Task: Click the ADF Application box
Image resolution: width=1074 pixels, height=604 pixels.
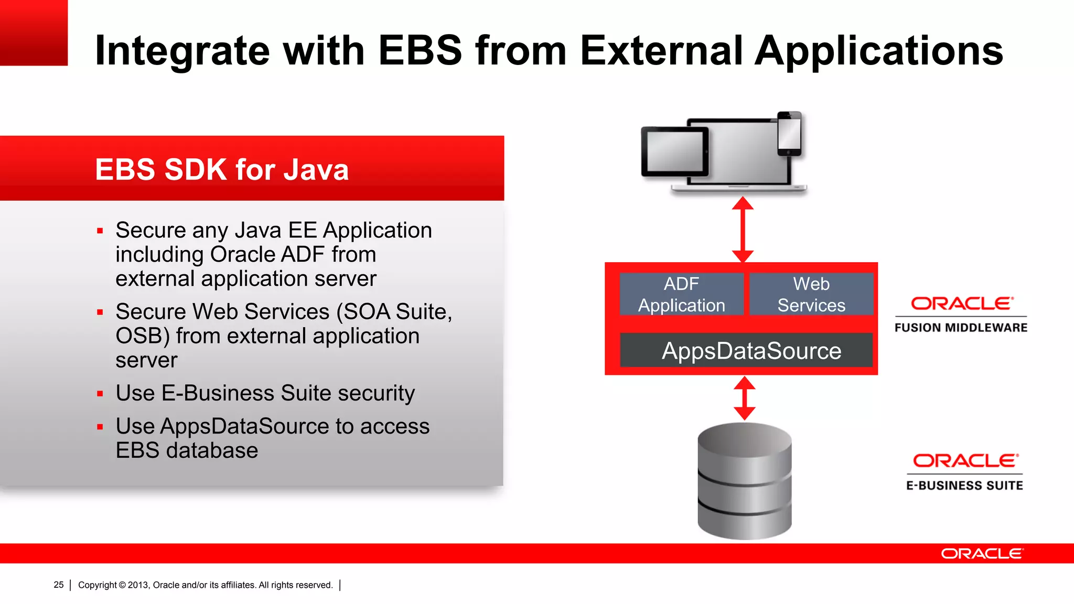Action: coord(681,294)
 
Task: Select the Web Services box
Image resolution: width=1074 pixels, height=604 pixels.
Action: coord(811,294)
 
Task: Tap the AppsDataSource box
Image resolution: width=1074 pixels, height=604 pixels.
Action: coord(746,350)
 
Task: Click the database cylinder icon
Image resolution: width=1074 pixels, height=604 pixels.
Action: coord(744,481)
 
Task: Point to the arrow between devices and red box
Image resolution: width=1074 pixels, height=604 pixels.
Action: coord(743,229)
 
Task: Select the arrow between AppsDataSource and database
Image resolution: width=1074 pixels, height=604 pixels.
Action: coord(744,398)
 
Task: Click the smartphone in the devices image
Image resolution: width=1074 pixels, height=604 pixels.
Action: coord(789,134)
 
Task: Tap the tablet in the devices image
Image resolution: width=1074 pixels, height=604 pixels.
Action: coord(674,152)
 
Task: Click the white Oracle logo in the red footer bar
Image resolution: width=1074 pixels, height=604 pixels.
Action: coord(981,554)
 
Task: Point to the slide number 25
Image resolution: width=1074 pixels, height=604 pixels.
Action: coord(59,585)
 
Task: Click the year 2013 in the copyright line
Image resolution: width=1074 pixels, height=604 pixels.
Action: coord(138,585)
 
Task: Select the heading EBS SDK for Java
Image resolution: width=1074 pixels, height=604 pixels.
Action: coord(222,169)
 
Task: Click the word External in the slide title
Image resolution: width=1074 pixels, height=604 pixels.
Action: coord(661,51)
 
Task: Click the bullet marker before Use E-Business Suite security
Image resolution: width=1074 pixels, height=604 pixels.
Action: coord(100,394)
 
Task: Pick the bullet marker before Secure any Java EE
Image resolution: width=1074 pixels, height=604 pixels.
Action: coord(100,231)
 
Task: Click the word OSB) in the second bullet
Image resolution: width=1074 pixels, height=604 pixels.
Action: coord(142,336)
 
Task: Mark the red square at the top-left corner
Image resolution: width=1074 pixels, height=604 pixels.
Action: coord(34,33)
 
